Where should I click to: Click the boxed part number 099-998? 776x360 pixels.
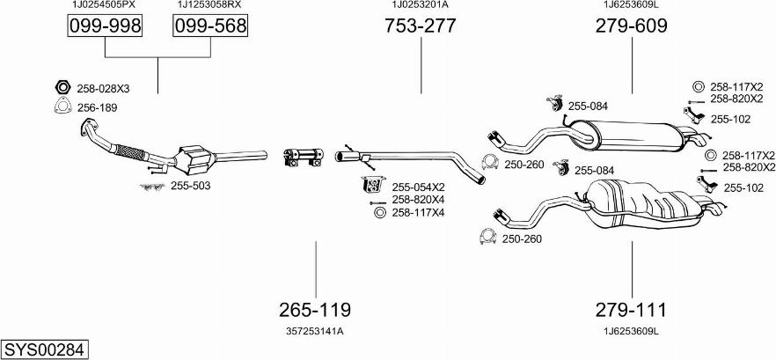point(105,27)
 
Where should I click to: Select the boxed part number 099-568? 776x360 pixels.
point(209,27)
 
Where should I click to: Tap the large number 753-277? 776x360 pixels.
point(421,26)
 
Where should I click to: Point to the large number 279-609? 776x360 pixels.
point(632,26)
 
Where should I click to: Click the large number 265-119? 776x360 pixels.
point(315,310)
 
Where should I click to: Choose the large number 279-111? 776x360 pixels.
point(632,310)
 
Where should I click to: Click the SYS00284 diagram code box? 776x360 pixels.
point(45,349)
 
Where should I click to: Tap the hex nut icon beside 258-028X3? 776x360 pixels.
point(63,88)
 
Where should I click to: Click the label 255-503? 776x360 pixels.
point(190,186)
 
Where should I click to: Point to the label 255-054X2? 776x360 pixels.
point(418,187)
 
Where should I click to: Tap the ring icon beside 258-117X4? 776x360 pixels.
point(379,213)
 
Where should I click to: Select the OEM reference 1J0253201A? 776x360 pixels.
point(420,5)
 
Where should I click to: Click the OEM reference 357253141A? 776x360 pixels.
point(314,331)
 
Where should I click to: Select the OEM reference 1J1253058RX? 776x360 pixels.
point(209,5)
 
